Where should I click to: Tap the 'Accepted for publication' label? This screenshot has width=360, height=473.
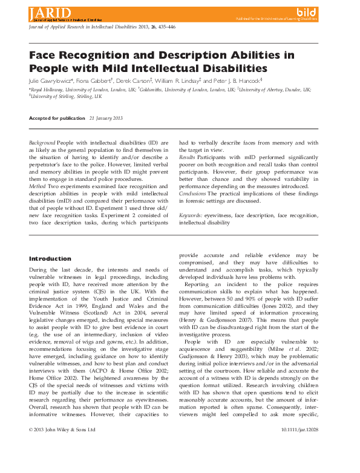(x=56, y=117)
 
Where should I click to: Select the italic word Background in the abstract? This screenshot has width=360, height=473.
(x=42, y=142)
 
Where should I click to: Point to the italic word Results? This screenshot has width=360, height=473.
(x=187, y=157)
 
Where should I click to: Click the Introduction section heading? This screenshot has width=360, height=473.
(x=50, y=259)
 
